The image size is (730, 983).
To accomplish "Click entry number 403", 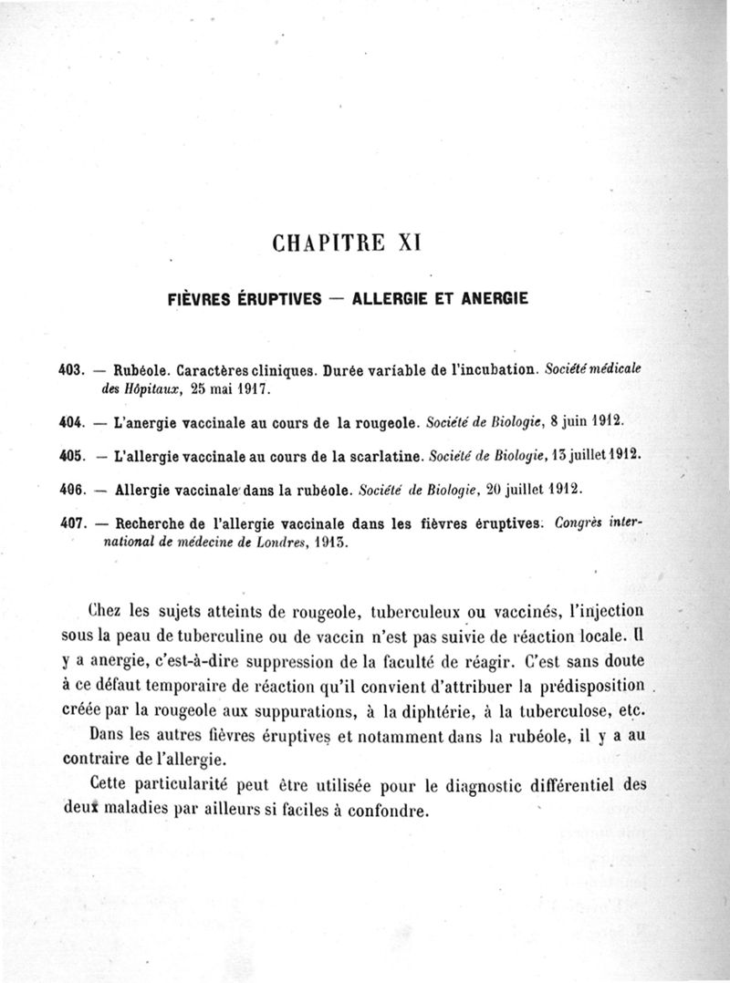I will (x=70, y=370).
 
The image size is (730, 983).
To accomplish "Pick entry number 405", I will (x=70, y=454).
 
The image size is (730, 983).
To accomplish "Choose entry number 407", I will (x=70, y=523).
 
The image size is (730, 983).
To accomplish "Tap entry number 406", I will (x=70, y=489).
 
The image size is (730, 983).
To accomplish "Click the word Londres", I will (x=271, y=542).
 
